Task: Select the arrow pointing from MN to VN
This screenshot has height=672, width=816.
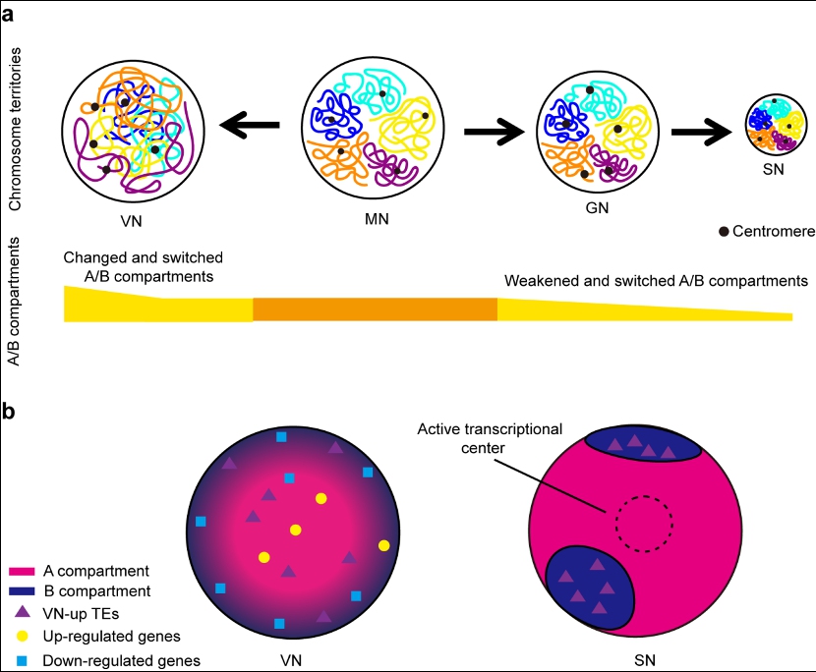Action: tap(250, 124)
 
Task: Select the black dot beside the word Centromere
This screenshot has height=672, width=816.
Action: tap(725, 232)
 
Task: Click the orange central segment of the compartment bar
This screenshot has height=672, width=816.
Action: tap(375, 308)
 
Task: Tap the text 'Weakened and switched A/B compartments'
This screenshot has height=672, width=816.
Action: tap(656, 281)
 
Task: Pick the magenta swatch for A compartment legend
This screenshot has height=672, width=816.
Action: tap(22, 571)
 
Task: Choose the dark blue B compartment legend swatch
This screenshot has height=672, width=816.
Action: tap(22, 591)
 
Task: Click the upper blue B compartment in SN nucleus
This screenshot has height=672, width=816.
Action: tap(643, 448)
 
